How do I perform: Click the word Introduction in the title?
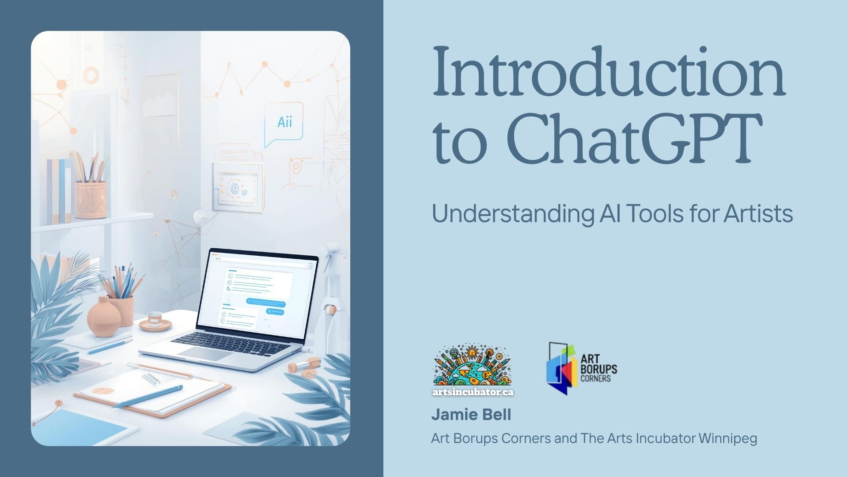pyautogui.click(x=609, y=72)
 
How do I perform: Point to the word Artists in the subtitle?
pyautogui.click(x=758, y=213)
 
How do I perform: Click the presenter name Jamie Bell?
pyautogui.click(x=471, y=415)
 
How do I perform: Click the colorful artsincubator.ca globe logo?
pyautogui.click(x=473, y=367)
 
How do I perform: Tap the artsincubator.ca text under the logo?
pyautogui.click(x=473, y=392)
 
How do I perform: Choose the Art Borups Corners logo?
pyautogui.click(x=582, y=368)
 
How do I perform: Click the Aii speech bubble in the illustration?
pyautogui.click(x=284, y=123)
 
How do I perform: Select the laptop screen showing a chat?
pyautogui.click(x=257, y=295)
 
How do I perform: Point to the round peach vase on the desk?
pyautogui.click(x=104, y=317)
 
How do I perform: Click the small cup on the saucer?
pyautogui.click(x=155, y=318)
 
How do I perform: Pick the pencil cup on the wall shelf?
pyautogui.click(x=91, y=199)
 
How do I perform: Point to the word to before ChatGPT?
pyautogui.click(x=460, y=141)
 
